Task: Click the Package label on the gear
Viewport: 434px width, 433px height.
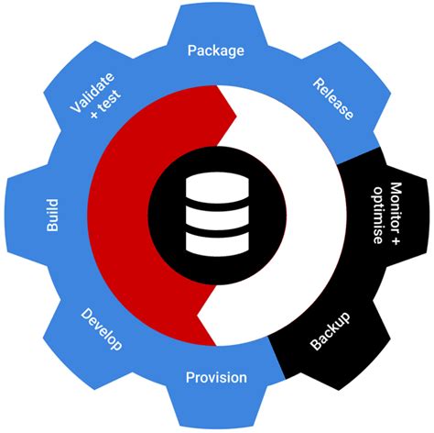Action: [x=216, y=50]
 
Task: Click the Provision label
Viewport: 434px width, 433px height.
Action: [x=216, y=377]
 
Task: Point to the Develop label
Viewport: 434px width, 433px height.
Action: [x=100, y=328]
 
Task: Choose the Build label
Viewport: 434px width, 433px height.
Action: [x=52, y=213]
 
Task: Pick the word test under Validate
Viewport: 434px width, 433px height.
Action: [x=111, y=109]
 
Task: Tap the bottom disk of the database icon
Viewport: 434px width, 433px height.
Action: [x=217, y=242]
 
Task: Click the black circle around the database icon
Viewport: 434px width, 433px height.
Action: [x=165, y=216]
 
